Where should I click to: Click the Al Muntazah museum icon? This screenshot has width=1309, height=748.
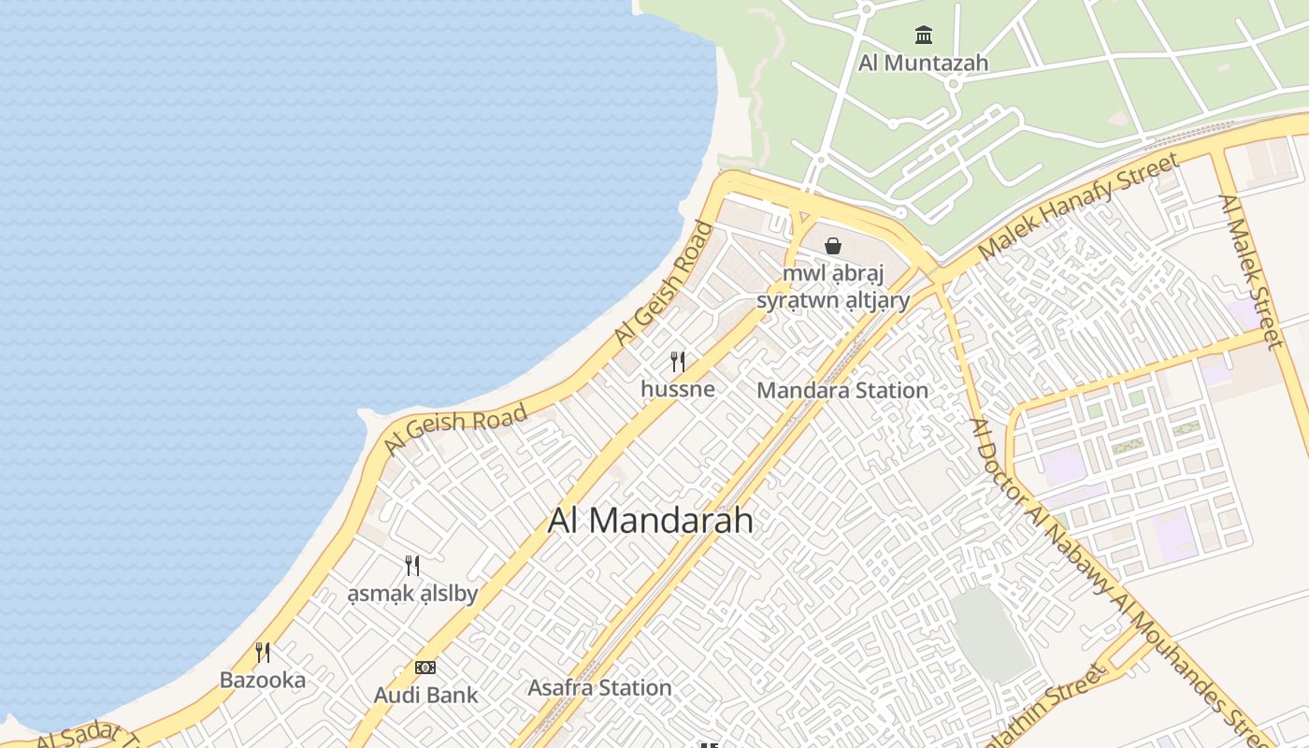tap(924, 36)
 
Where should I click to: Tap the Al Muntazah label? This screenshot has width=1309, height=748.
tap(924, 64)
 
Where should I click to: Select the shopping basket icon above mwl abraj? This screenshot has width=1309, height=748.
tap(833, 246)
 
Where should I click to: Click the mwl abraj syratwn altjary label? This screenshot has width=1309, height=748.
tap(833, 287)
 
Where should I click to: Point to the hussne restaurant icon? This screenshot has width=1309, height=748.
tap(678, 362)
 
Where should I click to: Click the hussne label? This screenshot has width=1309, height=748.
tap(678, 389)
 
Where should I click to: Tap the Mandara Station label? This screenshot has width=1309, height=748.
tap(842, 391)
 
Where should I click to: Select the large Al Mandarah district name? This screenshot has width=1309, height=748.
tap(650, 521)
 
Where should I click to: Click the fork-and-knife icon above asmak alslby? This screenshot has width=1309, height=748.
tap(412, 566)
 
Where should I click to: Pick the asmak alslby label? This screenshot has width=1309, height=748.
tap(412, 594)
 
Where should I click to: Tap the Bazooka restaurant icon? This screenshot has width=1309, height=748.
tap(263, 653)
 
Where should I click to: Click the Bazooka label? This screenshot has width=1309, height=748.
tap(263, 680)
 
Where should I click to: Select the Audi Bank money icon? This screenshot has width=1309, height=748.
tap(425, 668)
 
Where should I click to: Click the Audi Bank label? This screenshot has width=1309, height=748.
tap(425, 695)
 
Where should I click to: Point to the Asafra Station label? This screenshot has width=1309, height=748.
tap(599, 688)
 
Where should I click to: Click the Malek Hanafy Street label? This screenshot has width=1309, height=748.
tap(1078, 208)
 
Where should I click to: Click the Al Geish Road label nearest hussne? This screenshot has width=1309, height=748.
tap(665, 284)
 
